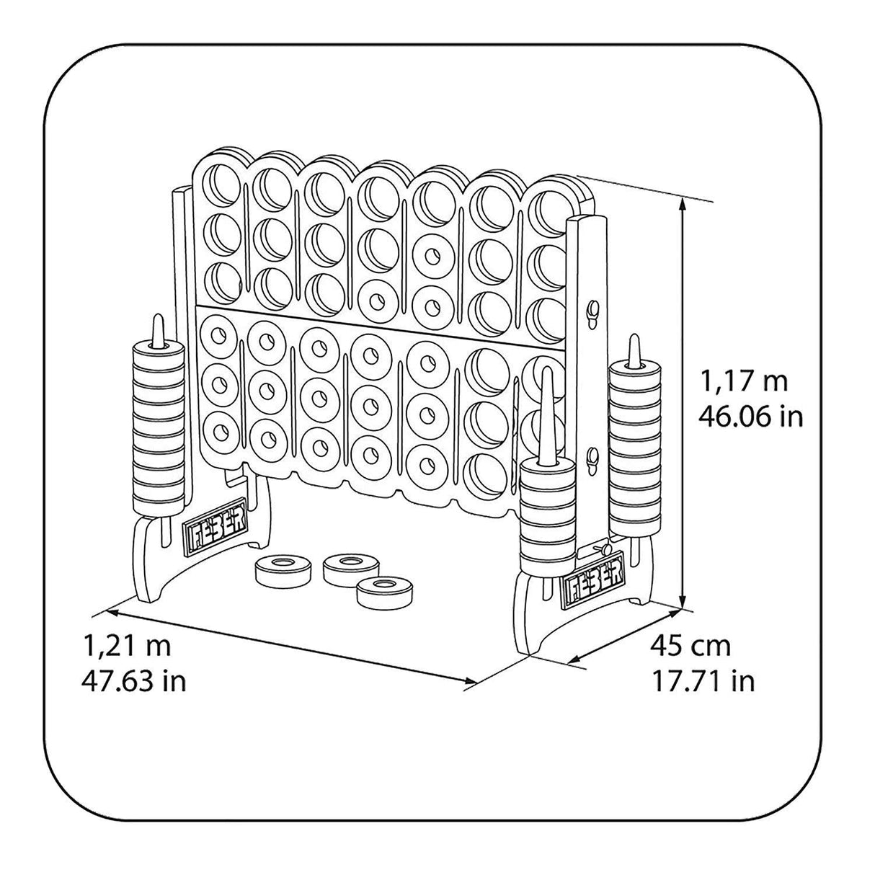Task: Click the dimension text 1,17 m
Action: tap(745, 381)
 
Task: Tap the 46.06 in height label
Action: tap(751, 416)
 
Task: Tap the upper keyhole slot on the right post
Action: tap(592, 313)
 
